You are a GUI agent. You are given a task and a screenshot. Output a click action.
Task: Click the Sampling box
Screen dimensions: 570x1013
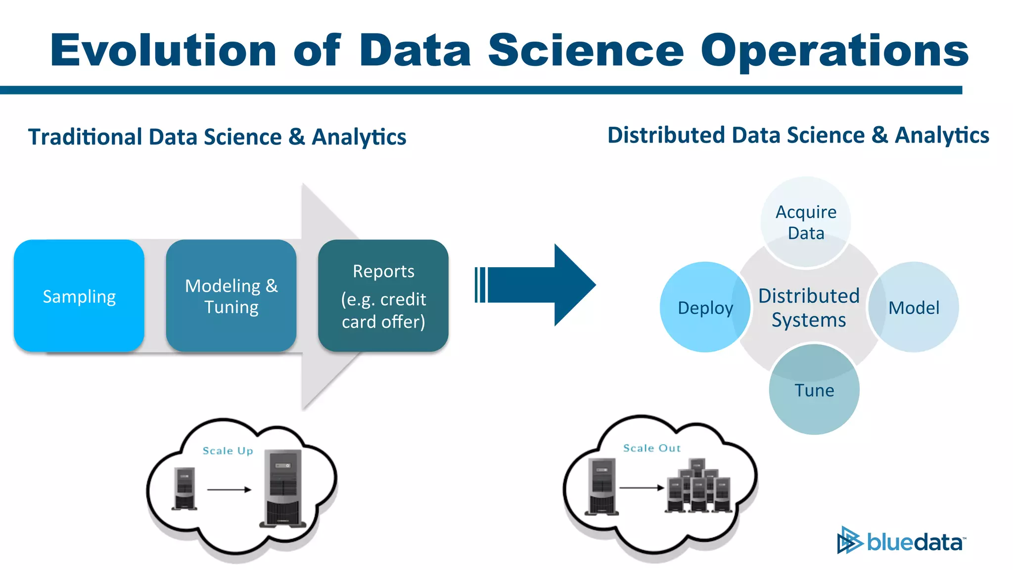click(x=79, y=296)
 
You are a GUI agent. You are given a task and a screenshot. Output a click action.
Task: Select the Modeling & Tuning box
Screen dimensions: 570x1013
click(x=231, y=296)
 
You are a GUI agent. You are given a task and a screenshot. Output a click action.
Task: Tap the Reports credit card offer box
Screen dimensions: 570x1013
click(x=383, y=296)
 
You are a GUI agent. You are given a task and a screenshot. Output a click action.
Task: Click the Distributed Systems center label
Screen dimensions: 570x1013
click(x=809, y=307)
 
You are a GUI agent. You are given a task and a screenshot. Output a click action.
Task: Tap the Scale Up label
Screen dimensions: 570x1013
click(x=228, y=451)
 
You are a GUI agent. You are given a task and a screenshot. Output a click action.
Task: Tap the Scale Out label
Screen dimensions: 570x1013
click(x=652, y=448)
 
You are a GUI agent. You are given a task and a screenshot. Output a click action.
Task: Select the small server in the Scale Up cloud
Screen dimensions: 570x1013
click(x=184, y=488)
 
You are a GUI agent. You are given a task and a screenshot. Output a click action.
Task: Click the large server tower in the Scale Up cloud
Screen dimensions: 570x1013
click(x=283, y=488)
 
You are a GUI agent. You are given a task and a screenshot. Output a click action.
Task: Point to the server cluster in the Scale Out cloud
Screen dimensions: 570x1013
click(x=698, y=487)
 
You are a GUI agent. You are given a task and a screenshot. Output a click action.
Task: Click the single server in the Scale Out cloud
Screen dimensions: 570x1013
click(x=601, y=486)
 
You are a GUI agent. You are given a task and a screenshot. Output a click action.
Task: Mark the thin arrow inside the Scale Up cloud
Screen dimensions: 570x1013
click(x=229, y=490)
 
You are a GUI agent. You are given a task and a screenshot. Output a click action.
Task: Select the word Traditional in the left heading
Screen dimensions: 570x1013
click(x=85, y=137)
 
